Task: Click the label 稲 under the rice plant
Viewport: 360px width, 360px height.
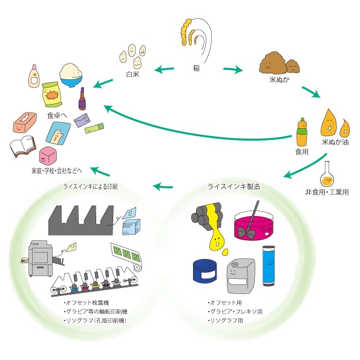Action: tap(196, 68)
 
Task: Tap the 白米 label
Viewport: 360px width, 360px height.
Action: tap(133, 74)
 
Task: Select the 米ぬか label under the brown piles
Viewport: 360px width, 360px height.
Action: tap(280, 79)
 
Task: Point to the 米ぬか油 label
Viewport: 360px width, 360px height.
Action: tap(335, 142)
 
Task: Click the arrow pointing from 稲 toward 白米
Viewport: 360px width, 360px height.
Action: tap(164, 69)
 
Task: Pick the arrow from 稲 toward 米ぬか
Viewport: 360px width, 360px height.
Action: tap(233, 70)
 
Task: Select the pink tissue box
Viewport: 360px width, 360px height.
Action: tap(25, 122)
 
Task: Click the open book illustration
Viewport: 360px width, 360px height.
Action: tap(23, 146)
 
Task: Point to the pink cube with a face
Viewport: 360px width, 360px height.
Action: tap(48, 156)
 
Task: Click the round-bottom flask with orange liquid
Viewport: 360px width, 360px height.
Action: tap(327, 174)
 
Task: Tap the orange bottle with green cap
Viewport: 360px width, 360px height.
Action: tap(302, 133)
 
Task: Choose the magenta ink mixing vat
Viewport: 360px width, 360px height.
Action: tap(254, 225)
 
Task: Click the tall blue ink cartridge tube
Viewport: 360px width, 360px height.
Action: tap(269, 266)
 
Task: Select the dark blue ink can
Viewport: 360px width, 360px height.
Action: tap(205, 271)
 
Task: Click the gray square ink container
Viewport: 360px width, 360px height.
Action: tap(241, 275)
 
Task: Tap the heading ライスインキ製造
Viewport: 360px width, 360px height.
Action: tap(234, 186)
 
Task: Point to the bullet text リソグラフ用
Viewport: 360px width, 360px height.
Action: tap(226, 320)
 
